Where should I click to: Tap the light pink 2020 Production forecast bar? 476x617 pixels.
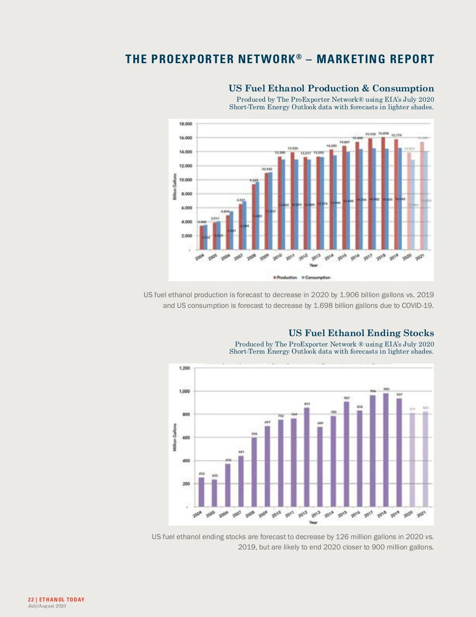[x=409, y=201]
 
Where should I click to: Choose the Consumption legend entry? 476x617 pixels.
[x=316, y=277]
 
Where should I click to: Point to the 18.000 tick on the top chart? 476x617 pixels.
[x=186, y=124]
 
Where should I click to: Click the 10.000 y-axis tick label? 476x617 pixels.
[x=186, y=180]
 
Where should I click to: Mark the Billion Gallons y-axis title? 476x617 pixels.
[x=175, y=187]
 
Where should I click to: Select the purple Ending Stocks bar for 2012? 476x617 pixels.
[x=307, y=457]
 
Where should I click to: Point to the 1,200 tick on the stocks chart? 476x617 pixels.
[x=185, y=368]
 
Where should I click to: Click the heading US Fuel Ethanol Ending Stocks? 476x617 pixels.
[x=361, y=333]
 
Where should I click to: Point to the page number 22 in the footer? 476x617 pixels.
[x=31, y=600]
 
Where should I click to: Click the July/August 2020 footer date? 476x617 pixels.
[x=47, y=606]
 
